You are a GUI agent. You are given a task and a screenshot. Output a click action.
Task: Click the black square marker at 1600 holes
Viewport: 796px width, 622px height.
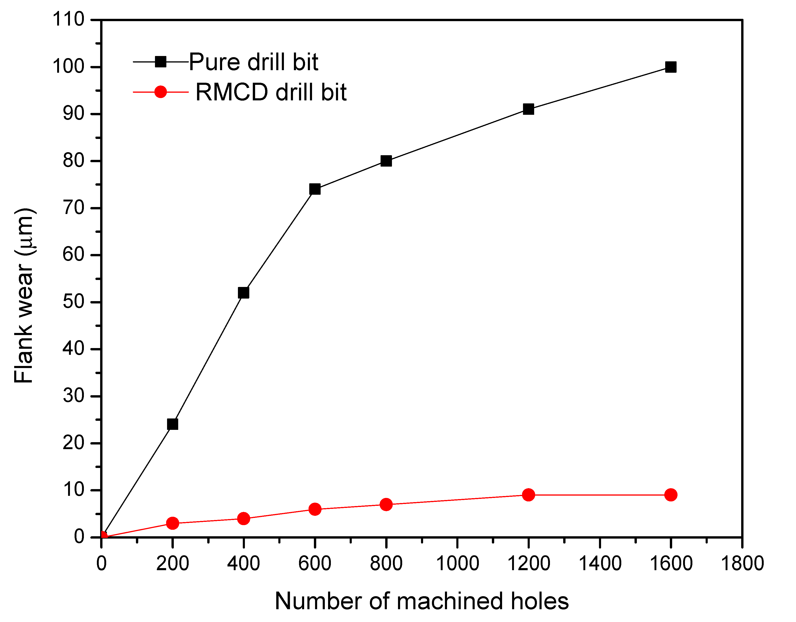671,67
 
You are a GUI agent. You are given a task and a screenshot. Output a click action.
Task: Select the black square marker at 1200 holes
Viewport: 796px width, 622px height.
528,109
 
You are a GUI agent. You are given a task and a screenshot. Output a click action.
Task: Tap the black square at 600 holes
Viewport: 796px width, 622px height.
315,189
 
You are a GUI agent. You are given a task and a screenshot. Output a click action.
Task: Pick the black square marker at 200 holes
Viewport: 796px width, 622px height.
172,424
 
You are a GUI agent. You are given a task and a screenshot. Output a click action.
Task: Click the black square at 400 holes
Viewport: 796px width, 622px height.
243,293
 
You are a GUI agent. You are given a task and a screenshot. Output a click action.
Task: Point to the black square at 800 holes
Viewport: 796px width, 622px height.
386,161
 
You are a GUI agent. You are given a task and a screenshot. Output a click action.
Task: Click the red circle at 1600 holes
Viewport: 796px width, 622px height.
671,495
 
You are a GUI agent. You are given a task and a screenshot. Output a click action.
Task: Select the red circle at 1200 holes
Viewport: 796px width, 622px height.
528,495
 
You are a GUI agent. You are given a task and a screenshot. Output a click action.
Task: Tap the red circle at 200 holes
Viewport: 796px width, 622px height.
172,523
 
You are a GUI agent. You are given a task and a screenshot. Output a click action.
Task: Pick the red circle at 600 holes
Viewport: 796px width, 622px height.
315,509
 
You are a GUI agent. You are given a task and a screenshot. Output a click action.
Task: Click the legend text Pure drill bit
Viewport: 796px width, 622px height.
254,62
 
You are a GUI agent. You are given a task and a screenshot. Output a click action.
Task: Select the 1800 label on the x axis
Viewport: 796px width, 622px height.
742,563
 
